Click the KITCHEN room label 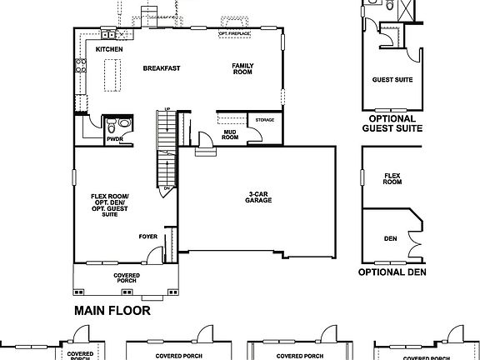tap(109, 50)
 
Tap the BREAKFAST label tap(162, 68)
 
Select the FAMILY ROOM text tap(243, 69)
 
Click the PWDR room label tap(114, 139)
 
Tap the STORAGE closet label tap(264, 121)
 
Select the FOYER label tap(148, 237)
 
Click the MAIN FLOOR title tap(112, 312)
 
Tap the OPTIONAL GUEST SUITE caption tap(391, 123)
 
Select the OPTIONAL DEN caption tap(392, 272)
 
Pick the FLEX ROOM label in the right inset tap(392, 179)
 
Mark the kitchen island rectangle tap(109, 76)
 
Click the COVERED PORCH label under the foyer tap(127, 277)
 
